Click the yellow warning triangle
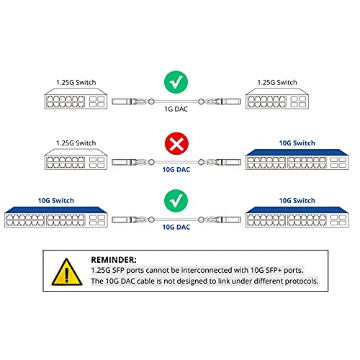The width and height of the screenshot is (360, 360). coord(66,272)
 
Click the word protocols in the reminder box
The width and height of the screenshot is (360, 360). coord(297,281)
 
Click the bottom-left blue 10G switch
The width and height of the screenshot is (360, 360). coord(55,220)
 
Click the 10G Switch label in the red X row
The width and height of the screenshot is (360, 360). coord(296,143)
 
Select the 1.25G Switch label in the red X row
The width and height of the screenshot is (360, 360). coord(76,143)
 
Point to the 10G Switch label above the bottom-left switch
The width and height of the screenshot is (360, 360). coord(55,200)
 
